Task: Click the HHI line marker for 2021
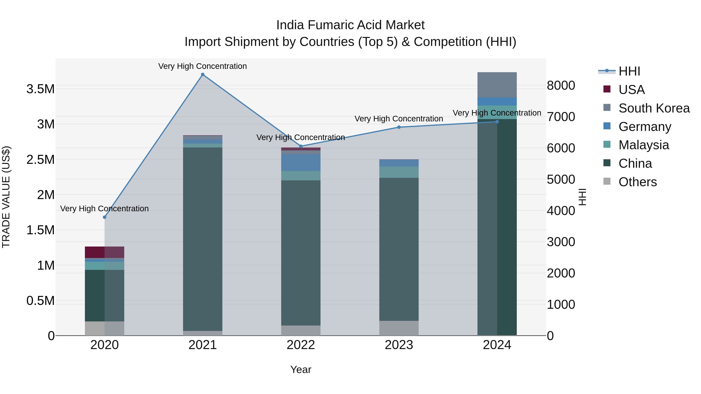tap(203, 75)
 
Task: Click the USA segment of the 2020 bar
tap(105, 252)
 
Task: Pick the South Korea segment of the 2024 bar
tap(497, 85)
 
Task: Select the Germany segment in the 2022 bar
tap(301, 163)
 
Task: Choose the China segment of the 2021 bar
tap(203, 239)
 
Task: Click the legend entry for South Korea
tap(654, 108)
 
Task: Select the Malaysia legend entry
tap(644, 145)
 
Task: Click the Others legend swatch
tap(607, 181)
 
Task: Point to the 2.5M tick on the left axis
tap(41, 160)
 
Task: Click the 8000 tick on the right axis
tap(561, 85)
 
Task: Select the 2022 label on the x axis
tap(301, 345)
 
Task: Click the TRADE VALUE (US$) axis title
tap(6, 197)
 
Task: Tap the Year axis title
tap(301, 369)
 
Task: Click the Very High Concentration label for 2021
tap(203, 66)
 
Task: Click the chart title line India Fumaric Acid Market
tap(350, 25)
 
